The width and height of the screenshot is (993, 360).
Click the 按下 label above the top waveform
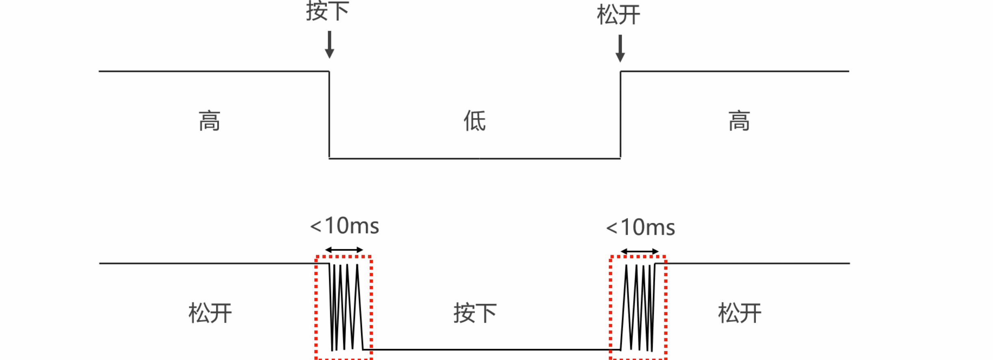click(x=327, y=11)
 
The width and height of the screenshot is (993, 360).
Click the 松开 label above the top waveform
click(x=618, y=15)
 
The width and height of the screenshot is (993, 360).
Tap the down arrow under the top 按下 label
click(x=329, y=45)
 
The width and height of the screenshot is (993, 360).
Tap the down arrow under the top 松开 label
click(x=620, y=48)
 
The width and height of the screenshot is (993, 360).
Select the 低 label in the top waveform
click(x=475, y=121)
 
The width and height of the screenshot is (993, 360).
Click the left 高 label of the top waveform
click(x=209, y=121)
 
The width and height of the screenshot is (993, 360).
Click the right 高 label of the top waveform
click(x=739, y=121)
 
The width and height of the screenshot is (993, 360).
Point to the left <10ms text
click(x=344, y=226)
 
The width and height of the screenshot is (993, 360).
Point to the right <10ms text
click(x=640, y=227)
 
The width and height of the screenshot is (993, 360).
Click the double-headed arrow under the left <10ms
click(x=344, y=250)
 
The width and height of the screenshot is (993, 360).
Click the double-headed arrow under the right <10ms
click(x=640, y=252)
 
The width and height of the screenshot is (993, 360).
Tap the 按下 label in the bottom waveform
click(x=475, y=313)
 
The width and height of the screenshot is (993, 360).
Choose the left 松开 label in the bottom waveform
click(x=210, y=313)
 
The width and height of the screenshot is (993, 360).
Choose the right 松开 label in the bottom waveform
click(x=739, y=313)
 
